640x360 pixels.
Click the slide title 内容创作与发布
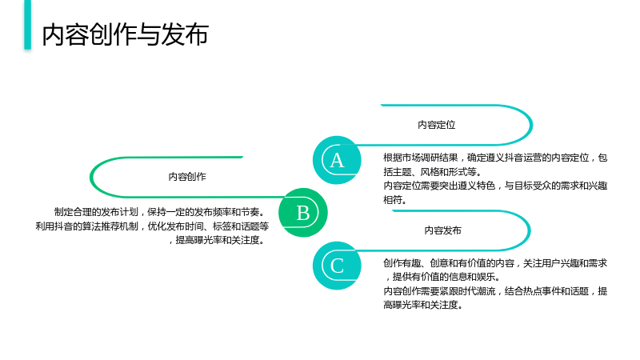(126, 34)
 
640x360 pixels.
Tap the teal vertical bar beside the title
(27, 25)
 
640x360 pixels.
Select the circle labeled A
(337, 160)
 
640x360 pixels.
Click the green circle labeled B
(303, 212)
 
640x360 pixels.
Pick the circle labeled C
(337, 266)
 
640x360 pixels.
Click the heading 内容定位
(436, 125)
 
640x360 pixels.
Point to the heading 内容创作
(187, 177)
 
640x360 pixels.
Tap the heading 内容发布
(443, 230)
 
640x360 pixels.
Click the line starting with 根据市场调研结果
(495, 158)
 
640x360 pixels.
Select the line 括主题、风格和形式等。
(433, 172)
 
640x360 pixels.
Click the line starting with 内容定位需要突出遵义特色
(495, 186)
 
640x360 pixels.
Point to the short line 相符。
(395, 199)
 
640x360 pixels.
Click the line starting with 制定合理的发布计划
(161, 212)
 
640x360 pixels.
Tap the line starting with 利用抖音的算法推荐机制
(152, 226)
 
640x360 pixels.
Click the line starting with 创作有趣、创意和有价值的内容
(495, 263)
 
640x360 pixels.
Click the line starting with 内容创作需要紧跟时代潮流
(495, 291)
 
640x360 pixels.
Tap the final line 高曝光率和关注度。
(423, 305)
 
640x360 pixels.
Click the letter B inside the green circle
(303, 213)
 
